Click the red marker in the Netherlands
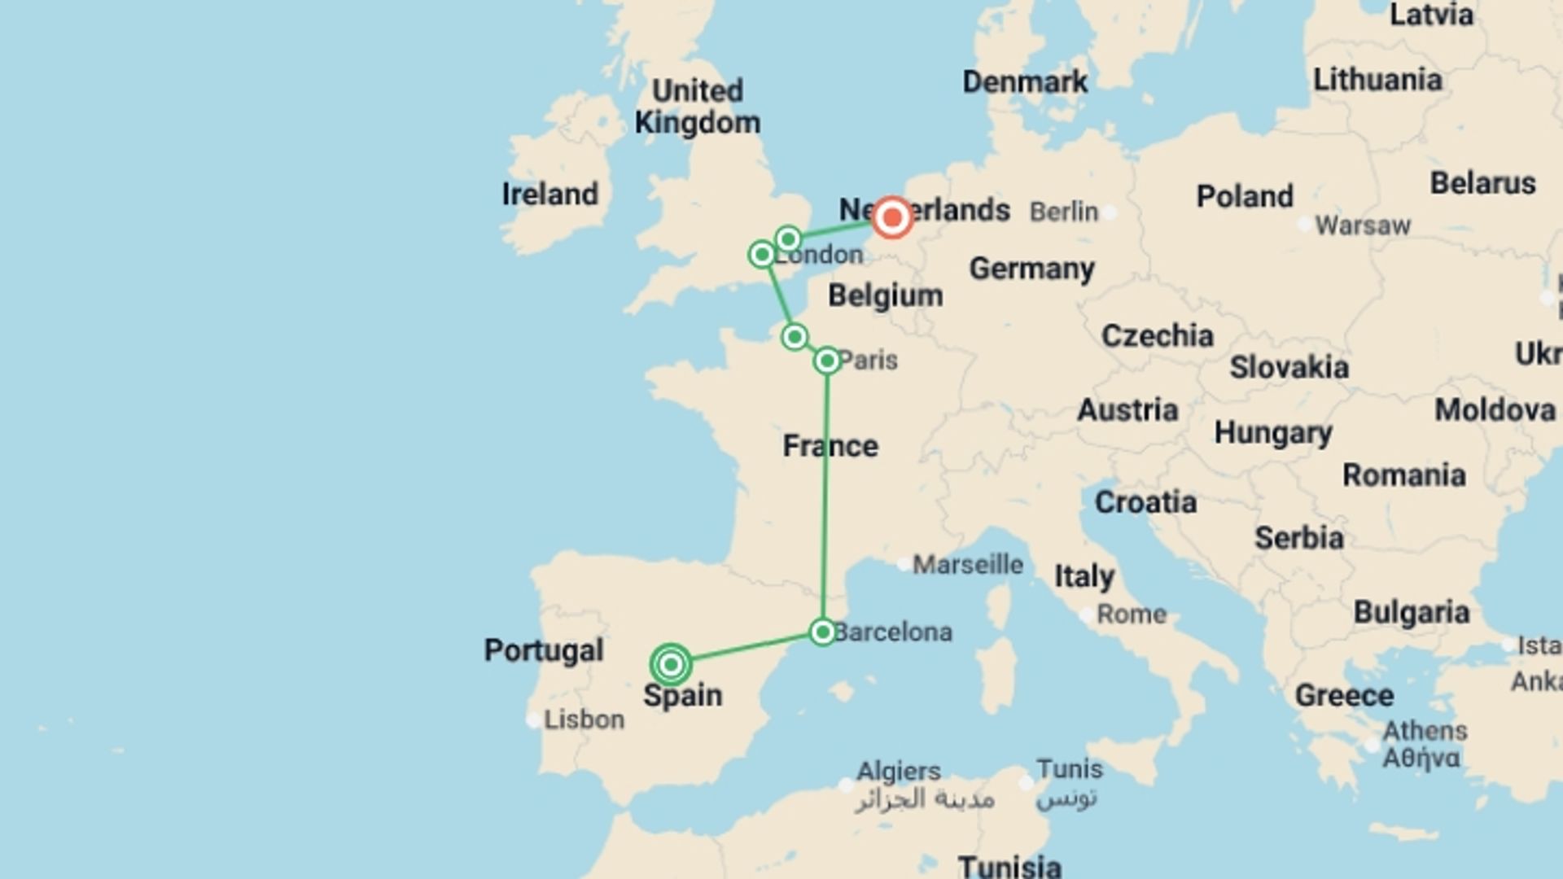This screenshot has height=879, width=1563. tap(892, 218)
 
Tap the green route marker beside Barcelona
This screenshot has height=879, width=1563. tap(822, 632)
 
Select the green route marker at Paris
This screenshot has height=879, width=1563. tap(827, 361)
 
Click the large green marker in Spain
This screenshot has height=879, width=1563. tap(671, 665)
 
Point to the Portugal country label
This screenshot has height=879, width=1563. tap(544, 650)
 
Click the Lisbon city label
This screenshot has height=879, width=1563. tap(584, 719)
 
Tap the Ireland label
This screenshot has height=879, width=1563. tap(549, 195)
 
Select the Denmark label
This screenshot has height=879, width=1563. tap(1024, 81)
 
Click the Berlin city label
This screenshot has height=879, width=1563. tap(1063, 212)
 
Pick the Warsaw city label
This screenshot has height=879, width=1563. tap(1362, 225)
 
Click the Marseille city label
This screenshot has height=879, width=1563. tap(967, 564)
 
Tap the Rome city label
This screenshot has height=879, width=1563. tap(1132, 614)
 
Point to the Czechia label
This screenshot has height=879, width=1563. tap(1157, 335)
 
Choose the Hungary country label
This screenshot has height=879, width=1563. tap(1273, 433)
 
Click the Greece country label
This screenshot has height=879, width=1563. tap(1344, 696)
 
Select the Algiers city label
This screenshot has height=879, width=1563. tap(899, 771)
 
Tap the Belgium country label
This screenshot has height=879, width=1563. tap(886, 295)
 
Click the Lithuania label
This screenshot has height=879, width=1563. tap(1377, 80)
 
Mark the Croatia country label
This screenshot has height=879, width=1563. tap(1145, 502)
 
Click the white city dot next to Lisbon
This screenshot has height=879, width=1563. tap(533, 720)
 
